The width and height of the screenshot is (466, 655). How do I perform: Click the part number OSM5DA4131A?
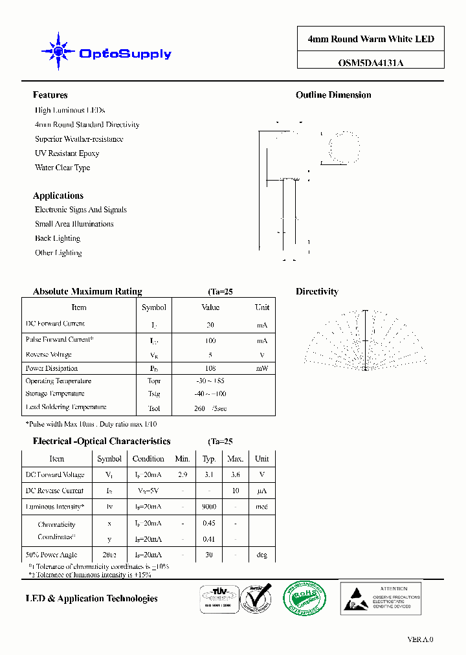click(371, 63)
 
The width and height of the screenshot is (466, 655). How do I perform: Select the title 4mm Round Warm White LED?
click(371, 39)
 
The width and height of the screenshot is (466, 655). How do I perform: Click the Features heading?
click(50, 95)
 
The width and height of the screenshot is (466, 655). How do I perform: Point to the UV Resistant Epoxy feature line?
click(67, 153)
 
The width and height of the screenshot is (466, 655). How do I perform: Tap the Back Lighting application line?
click(58, 238)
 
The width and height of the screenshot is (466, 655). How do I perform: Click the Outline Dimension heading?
click(333, 95)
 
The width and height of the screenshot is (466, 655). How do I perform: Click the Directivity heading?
click(317, 292)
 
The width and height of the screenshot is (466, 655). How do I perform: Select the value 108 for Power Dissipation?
click(210, 368)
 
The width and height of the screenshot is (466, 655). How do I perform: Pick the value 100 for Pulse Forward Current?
click(210, 340)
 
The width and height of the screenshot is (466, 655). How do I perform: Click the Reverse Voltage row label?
click(49, 355)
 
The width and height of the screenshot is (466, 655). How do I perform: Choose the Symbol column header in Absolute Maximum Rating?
click(154, 307)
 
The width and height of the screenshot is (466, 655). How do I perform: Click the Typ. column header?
click(209, 458)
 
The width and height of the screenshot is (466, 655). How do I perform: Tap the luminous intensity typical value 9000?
click(209, 507)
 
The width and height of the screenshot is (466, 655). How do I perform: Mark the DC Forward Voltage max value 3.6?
click(235, 474)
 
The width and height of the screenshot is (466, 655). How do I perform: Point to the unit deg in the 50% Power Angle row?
click(261, 555)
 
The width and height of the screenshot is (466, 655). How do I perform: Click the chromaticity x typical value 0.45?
click(209, 523)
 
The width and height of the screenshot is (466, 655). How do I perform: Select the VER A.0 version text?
click(420, 639)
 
